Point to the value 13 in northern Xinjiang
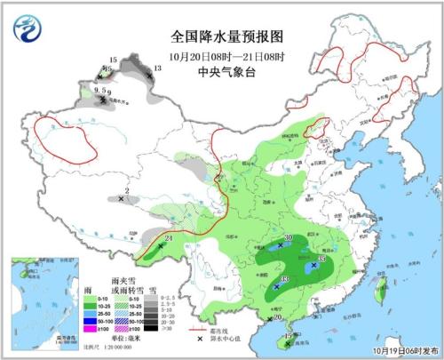(156, 68)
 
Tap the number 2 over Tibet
(127, 191)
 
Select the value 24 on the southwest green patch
(169, 236)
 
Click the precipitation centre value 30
(289, 237)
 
